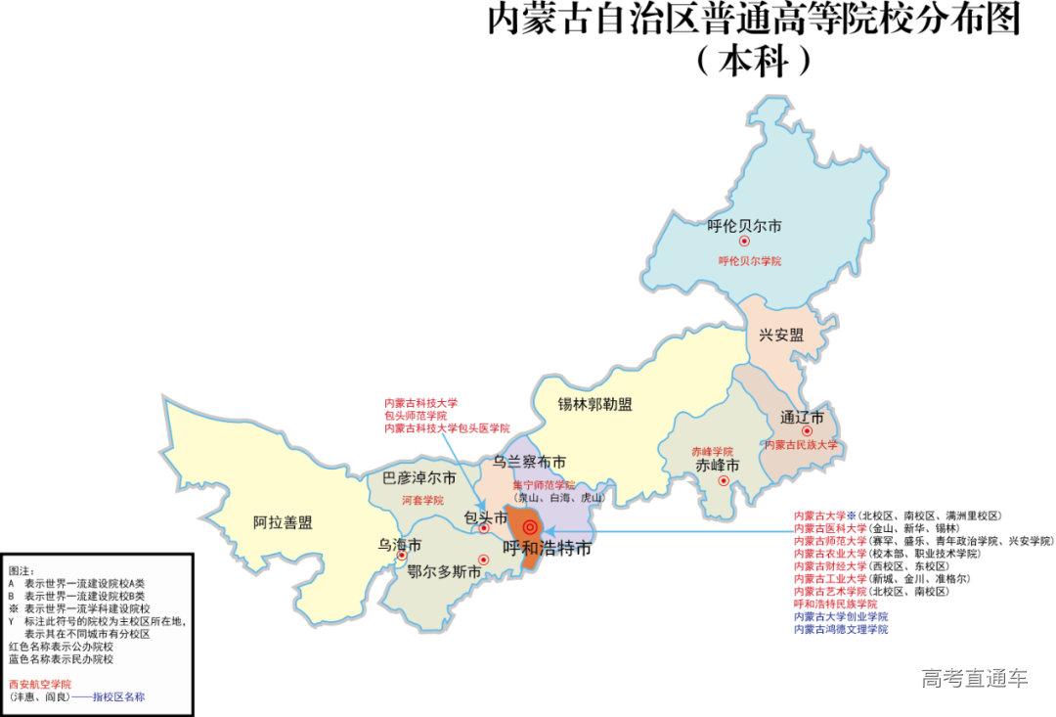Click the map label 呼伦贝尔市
744,226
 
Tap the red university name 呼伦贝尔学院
750,261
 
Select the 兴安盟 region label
781,335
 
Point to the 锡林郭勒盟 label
594,404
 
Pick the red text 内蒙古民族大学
802,445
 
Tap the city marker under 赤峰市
724,480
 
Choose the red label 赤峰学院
712,451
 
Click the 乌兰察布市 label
529,462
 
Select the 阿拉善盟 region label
283,522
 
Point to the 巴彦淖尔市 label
418,478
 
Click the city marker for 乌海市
401,556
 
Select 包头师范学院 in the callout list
421,416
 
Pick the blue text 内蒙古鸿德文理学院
841,630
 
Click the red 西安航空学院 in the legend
40,684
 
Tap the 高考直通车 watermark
974,678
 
